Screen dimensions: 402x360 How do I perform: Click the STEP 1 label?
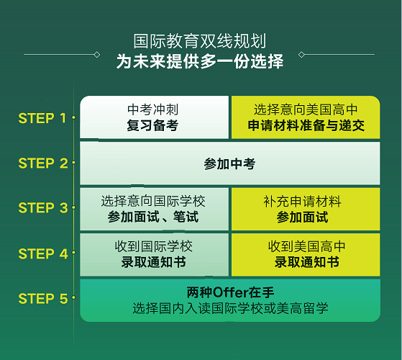point(42,118)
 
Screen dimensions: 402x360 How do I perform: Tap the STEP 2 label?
point(43,163)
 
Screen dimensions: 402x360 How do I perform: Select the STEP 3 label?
point(43,207)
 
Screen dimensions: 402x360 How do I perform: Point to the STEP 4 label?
point(43,253)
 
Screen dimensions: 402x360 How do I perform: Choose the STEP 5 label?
point(43,298)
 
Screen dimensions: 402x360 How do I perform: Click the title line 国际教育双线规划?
point(200,41)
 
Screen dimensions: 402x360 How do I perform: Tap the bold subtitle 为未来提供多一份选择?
point(200,61)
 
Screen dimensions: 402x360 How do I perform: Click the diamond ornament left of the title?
point(97,55)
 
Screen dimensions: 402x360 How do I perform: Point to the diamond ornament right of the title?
point(301,55)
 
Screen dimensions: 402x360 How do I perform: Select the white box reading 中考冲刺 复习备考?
point(154,117)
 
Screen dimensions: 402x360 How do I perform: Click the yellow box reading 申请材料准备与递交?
point(306,117)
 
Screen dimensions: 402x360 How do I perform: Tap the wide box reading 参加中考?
point(230,163)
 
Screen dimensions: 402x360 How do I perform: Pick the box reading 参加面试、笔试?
point(154,209)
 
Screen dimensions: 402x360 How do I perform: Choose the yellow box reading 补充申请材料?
point(306,209)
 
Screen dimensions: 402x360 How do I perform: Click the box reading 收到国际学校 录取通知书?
point(154,255)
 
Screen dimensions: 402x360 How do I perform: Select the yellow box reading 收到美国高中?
point(306,255)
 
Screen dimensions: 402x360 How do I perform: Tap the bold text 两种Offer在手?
point(230,292)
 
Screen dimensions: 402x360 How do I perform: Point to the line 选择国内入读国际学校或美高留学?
point(230,308)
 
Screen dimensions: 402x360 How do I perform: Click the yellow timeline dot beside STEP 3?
point(74,207)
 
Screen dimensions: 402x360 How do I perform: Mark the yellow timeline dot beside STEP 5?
point(74,297)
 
